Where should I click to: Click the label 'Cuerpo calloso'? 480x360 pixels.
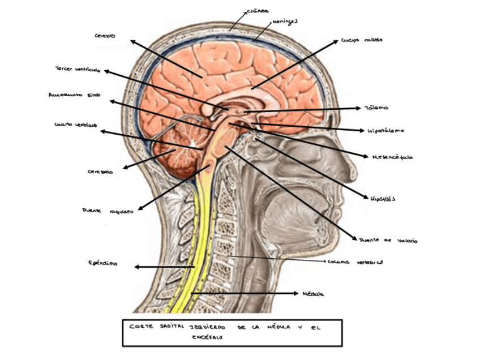coord(362,41)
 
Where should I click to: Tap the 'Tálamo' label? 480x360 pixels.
coord(376,108)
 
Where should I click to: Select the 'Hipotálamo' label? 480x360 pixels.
coord(386,130)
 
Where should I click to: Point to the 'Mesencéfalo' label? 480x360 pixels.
coord(392,157)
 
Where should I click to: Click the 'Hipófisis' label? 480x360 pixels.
coord(383,199)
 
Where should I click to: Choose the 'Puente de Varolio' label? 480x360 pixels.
coord(388,241)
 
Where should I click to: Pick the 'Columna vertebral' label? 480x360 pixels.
coord(355,263)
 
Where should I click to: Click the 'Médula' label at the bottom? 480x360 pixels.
coord(313,294)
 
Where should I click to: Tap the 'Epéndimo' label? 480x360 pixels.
coord(103,263)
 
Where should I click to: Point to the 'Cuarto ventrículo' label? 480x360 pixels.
coord(75,125)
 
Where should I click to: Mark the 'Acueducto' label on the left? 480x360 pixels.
coord(74,95)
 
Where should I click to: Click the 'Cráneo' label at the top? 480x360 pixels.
coord(259,11)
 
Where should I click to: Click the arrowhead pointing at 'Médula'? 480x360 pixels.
coord(295,293)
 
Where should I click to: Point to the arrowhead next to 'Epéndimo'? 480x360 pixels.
coord(137,267)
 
